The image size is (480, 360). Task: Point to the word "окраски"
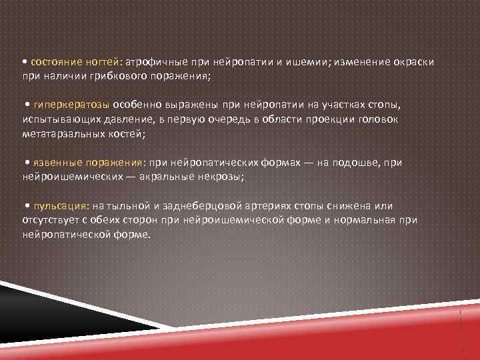coord(413,61)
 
